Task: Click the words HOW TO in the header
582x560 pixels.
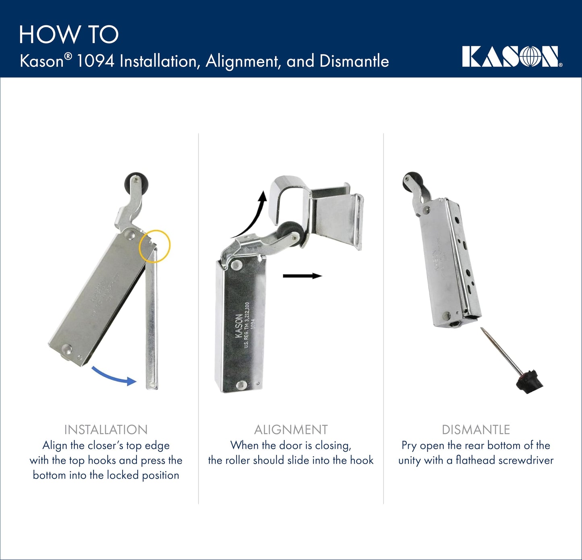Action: pos(69,35)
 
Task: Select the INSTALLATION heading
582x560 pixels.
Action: pos(106,430)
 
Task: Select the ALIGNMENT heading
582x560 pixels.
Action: pos(291,430)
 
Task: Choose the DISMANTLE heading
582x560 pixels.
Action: pos(476,430)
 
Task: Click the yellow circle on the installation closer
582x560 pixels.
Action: pos(155,246)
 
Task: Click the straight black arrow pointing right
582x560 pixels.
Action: pos(302,276)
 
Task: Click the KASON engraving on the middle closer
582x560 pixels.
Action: pos(238,325)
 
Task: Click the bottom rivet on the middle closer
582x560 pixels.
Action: pos(241,385)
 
